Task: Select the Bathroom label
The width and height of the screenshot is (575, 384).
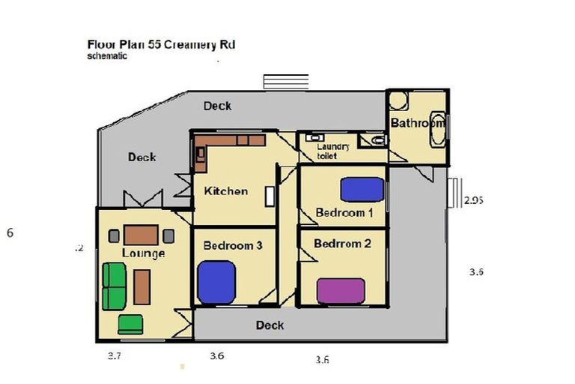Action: (417, 122)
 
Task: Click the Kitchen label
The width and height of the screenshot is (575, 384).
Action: (225, 190)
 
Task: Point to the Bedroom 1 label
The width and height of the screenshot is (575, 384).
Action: (344, 212)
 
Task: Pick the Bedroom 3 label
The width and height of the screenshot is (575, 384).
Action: (232, 245)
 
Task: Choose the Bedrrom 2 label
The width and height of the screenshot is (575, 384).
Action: (342, 244)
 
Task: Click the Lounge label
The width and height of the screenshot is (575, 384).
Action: (143, 253)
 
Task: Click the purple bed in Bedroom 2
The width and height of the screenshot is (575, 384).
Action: (341, 290)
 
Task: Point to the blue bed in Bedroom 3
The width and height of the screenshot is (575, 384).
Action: (217, 282)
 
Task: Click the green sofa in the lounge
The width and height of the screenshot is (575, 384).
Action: (115, 286)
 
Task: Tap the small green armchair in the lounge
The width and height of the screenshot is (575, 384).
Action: (130, 324)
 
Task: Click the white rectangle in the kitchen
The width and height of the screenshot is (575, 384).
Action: (269, 196)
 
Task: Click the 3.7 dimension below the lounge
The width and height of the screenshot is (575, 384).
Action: (115, 355)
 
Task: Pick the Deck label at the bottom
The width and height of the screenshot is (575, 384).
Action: (270, 325)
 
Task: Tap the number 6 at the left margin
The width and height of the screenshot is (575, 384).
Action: (10, 232)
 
